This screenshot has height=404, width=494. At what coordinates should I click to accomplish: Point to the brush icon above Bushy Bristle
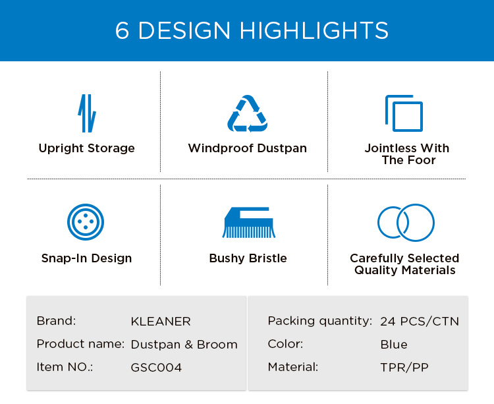tap(248, 222)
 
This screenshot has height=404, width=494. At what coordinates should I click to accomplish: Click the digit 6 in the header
tap(123, 30)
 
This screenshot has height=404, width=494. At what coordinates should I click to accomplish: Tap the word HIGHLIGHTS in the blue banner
tap(314, 30)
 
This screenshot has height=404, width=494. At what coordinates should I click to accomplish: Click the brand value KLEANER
tap(161, 322)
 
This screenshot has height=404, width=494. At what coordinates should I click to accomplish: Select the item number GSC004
tap(156, 368)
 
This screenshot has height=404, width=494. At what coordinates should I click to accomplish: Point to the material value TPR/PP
tap(404, 368)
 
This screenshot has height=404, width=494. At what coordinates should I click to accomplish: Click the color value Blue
tap(394, 345)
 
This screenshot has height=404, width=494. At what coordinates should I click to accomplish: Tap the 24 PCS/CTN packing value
tap(420, 322)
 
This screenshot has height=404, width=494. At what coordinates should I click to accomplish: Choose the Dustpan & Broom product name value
tap(184, 345)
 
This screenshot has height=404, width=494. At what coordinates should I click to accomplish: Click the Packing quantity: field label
tap(320, 321)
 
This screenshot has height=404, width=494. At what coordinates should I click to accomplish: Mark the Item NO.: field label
tap(65, 367)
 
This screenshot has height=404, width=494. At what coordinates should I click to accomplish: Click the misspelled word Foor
tap(422, 160)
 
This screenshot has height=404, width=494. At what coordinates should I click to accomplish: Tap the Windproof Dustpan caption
tap(247, 148)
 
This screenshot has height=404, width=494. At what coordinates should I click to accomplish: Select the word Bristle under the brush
tap(268, 258)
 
